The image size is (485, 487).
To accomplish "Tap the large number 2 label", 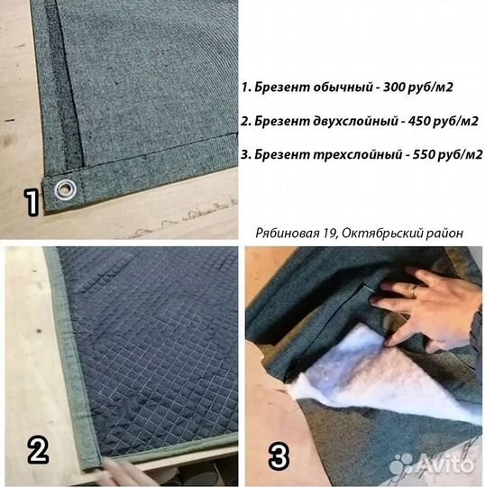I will [36, 449].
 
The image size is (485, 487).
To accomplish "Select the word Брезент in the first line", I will [278, 88].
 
